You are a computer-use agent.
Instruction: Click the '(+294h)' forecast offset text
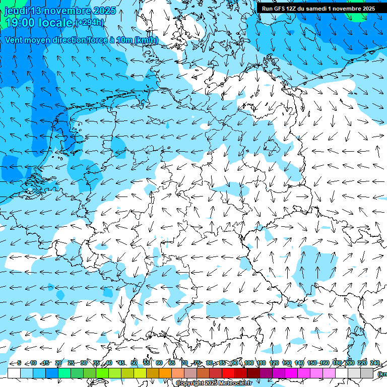[90, 22]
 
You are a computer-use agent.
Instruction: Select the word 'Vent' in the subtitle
[15, 40]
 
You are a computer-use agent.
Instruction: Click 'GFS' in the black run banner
[279, 9]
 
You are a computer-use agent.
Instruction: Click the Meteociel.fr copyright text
[214, 383]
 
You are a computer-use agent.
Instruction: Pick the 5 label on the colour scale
[19, 363]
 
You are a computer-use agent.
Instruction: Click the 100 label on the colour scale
[248, 363]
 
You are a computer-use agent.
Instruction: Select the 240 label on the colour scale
[374, 363]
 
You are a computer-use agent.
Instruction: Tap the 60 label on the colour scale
[159, 363]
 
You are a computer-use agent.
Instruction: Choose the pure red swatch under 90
[228, 373]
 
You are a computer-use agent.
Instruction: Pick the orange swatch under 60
[165, 373]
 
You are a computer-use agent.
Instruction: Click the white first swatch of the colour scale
[14, 373]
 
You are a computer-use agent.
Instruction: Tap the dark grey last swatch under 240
[367, 373]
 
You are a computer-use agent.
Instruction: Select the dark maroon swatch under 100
[253, 373]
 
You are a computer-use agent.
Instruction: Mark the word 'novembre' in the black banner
[355, 9]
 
